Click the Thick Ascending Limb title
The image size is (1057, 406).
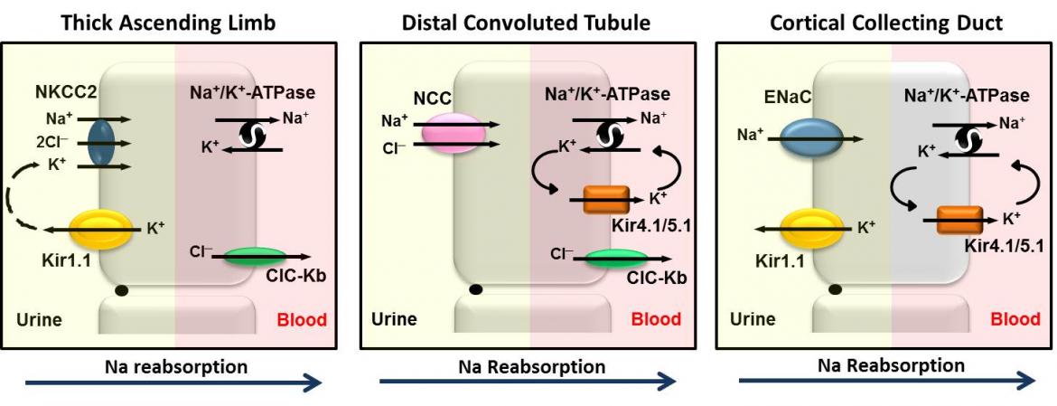(170, 23)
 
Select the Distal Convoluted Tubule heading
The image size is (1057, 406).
(527, 23)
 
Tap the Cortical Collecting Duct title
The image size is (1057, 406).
(885, 23)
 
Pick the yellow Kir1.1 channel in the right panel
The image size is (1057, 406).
(809, 229)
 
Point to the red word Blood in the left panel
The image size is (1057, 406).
(302, 320)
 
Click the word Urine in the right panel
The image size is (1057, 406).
(753, 319)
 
